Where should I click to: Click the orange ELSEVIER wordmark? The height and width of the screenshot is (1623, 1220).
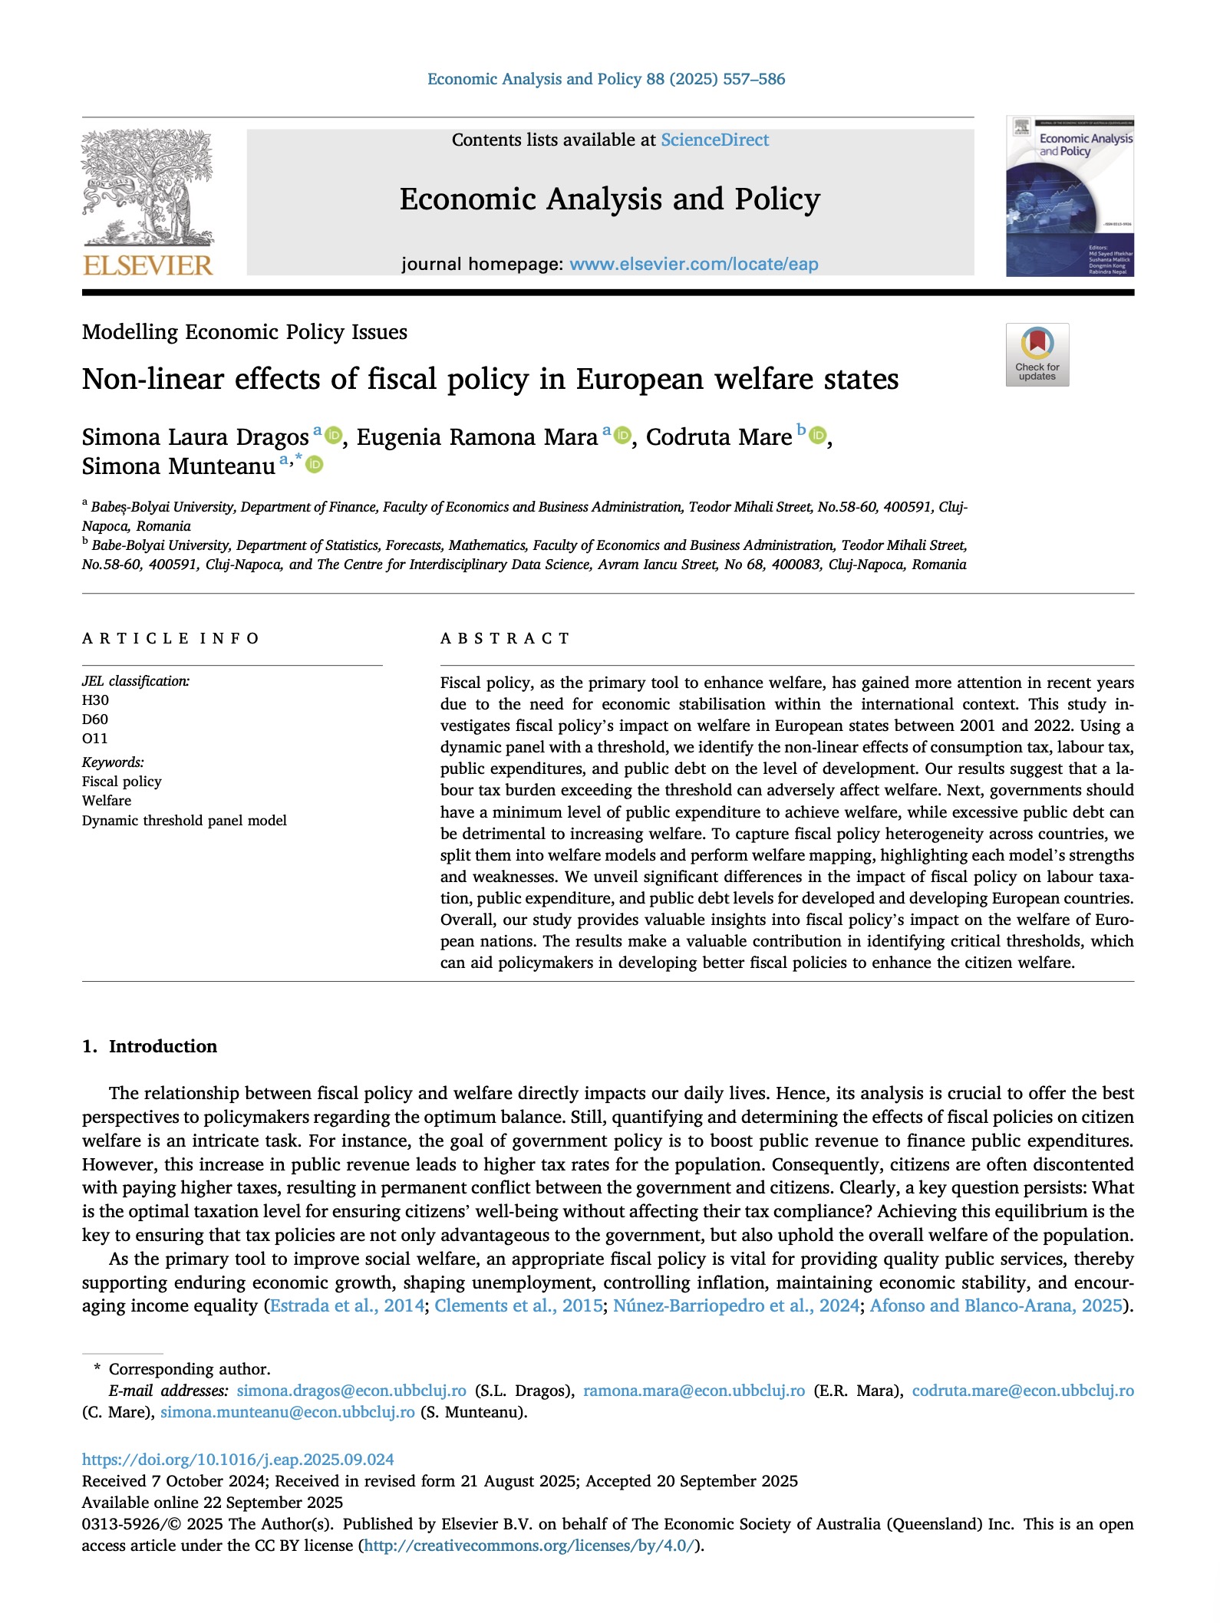(147, 265)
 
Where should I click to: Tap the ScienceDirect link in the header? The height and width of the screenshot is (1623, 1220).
(714, 140)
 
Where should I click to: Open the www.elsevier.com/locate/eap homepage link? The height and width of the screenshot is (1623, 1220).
(694, 264)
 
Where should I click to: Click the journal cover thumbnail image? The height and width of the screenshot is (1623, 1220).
(1070, 196)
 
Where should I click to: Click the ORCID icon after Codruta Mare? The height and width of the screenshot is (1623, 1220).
(818, 436)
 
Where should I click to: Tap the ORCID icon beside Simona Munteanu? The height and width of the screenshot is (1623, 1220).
(315, 465)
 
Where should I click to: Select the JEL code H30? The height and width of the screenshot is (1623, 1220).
(96, 700)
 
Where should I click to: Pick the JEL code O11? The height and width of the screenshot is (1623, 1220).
(95, 739)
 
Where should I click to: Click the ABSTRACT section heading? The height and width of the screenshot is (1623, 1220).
(505, 638)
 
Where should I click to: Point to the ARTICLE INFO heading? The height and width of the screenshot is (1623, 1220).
(170, 638)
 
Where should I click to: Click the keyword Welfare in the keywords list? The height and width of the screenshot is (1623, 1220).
(107, 801)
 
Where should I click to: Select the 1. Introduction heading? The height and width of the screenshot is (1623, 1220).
(150, 1046)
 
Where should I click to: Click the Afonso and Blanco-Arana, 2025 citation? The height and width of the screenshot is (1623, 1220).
(996, 1305)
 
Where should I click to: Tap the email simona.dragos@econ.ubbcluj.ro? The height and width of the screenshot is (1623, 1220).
(351, 1391)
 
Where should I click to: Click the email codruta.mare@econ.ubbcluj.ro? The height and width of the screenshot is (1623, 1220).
(1022, 1391)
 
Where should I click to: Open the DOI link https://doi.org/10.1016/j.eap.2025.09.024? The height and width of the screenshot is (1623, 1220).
(238, 1460)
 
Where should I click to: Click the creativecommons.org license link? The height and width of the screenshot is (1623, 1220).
(529, 1546)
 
